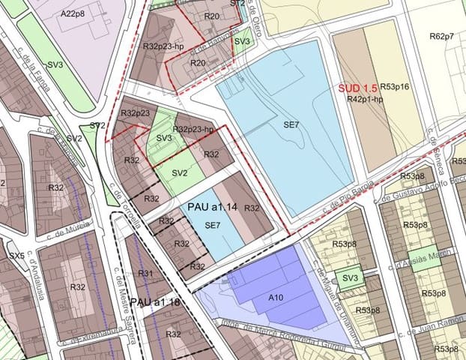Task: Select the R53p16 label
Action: point(393,88)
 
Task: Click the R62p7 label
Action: point(442,37)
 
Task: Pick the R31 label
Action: point(145,273)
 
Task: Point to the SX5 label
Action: point(16,255)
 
